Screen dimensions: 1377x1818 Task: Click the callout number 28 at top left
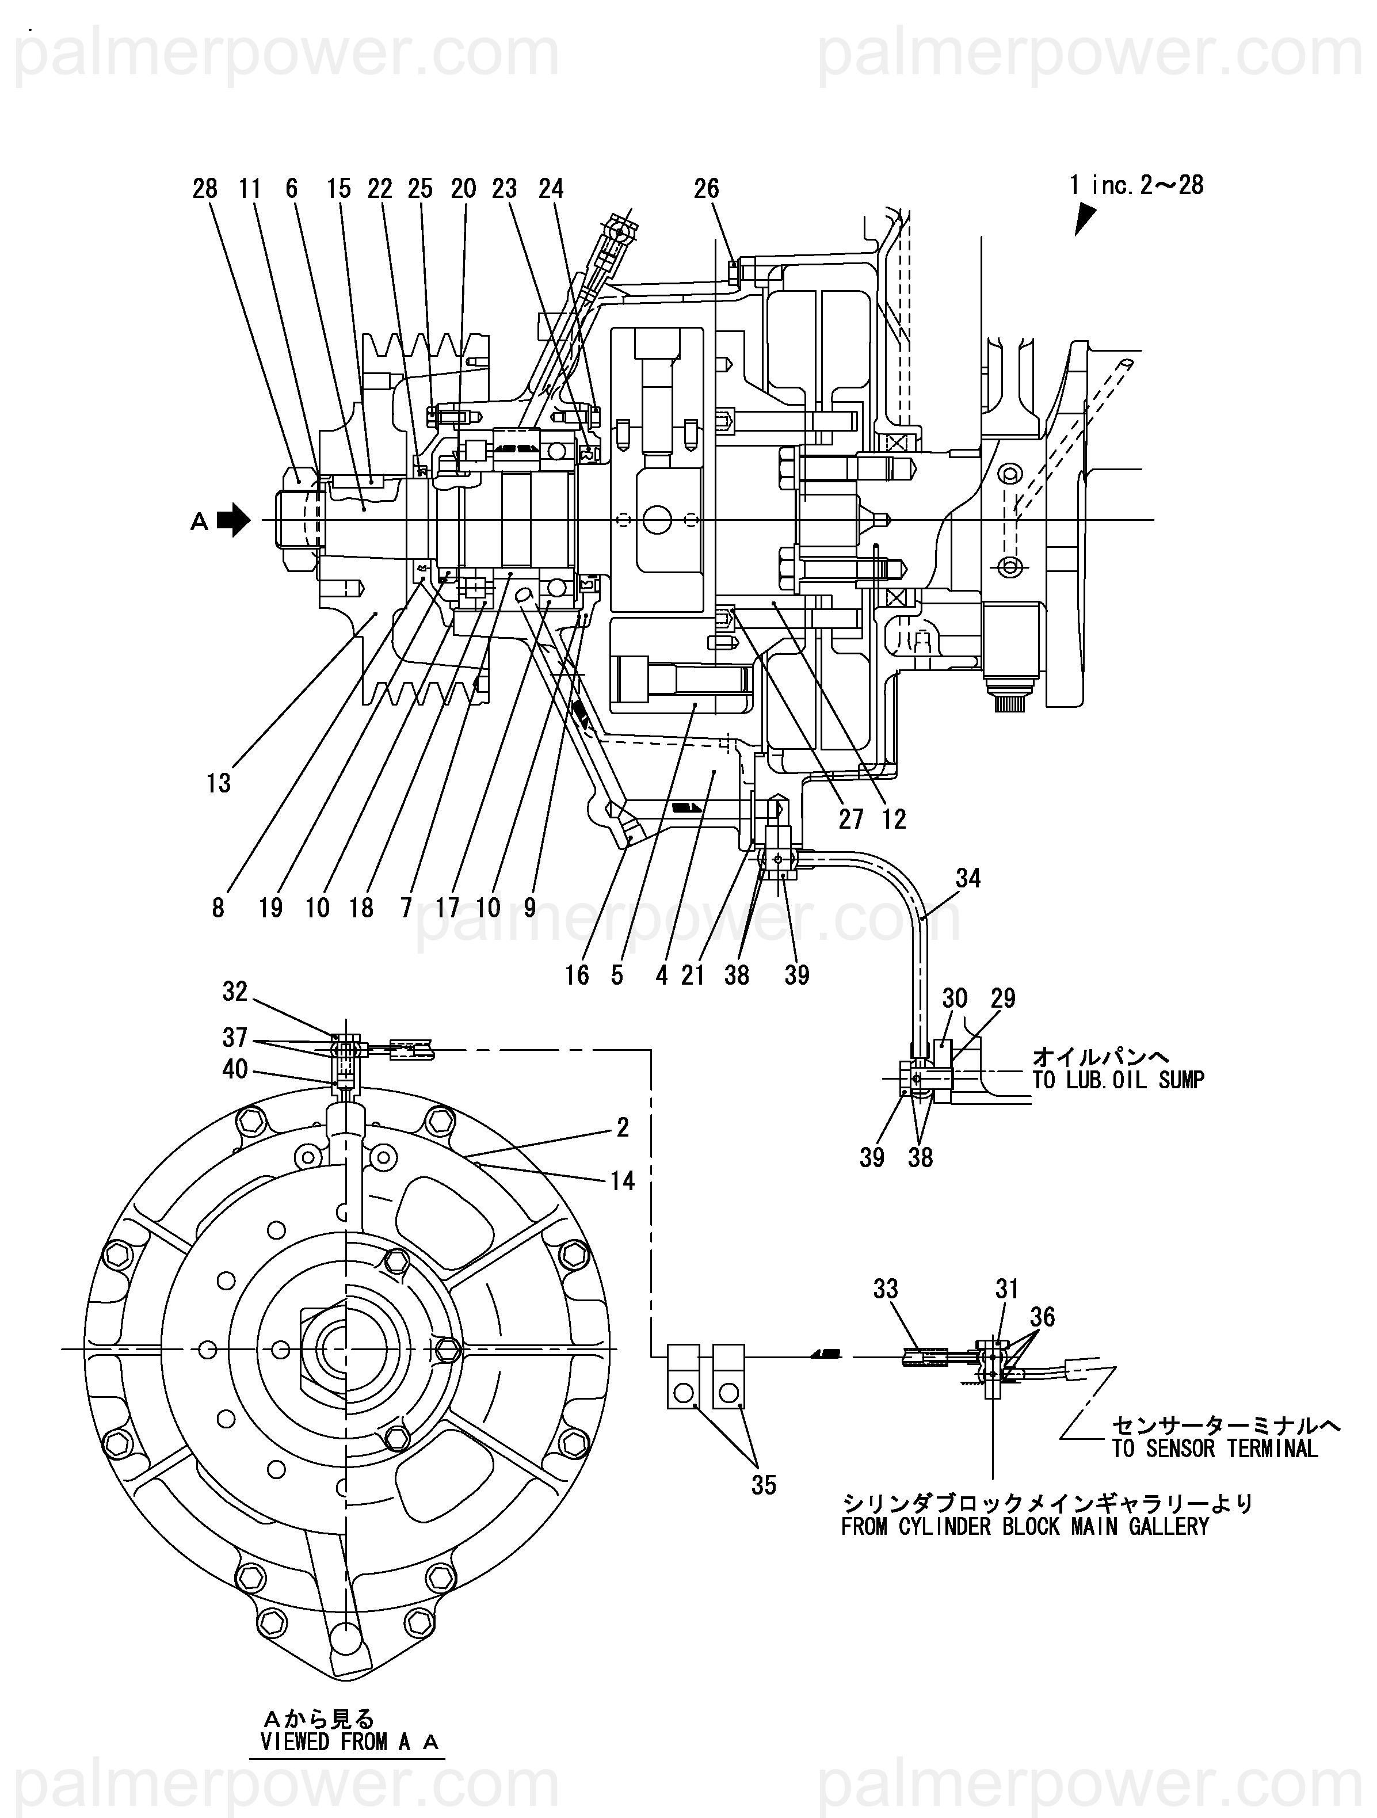(x=205, y=189)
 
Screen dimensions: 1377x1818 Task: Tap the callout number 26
(x=707, y=189)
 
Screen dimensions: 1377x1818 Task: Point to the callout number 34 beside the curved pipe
(x=968, y=879)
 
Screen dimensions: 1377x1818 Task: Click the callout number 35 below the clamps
(x=764, y=1485)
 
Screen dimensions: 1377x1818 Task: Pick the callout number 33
(x=886, y=1289)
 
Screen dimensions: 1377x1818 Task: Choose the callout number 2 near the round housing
(x=623, y=1127)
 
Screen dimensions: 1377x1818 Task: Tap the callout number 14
(x=623, y=1181)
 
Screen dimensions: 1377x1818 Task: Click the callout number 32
(x=235, y=992)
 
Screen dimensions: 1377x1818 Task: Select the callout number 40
(x=235, y=1069)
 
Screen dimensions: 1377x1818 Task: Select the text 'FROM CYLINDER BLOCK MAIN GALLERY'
(x=1025, y=1527)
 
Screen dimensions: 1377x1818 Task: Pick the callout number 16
(x=577, y=975)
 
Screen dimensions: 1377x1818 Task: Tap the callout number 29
(x=1003, y=998)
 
